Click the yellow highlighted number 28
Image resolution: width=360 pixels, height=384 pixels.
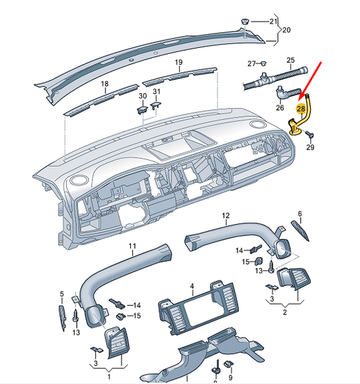302,107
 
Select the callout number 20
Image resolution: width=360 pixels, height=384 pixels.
286,30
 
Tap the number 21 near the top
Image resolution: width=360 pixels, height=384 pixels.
274,22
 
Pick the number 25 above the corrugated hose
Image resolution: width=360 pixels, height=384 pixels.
290,60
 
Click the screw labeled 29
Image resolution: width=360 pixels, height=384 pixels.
310,135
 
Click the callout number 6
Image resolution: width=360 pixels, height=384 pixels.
300,214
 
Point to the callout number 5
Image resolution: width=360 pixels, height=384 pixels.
61,294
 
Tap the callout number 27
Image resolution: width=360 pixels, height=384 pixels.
251,63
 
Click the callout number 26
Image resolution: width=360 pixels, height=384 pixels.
280,107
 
